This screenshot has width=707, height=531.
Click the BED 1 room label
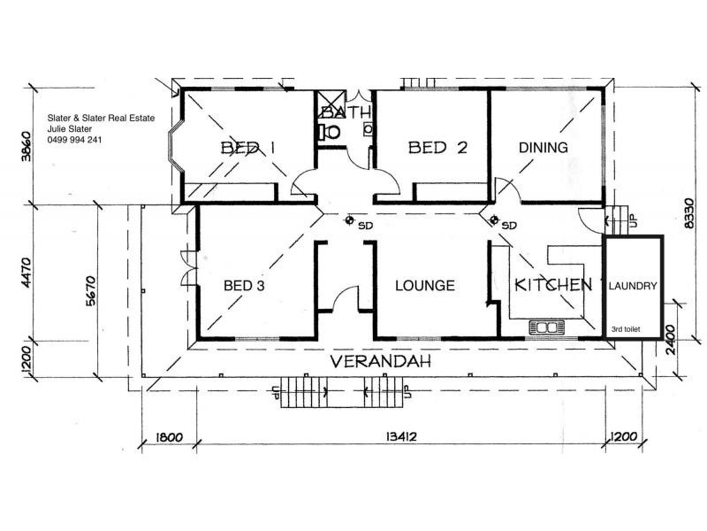pyautogui.click(x=248, y=148)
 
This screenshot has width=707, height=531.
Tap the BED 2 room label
pyautogui.click(x=437, y=148)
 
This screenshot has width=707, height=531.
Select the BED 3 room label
pyautogui.click(x=244, y=285)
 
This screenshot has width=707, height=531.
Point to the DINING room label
pyautogui.click(x=544, y=148)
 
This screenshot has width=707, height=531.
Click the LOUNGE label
pyautogui.click(x=425, y=285)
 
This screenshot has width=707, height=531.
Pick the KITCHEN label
pyautogui.click(x=553, y=285)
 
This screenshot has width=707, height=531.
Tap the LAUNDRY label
pyautogui.click(x=633, y=286)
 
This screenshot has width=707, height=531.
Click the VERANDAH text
pyautogui.click(x=381, y=361)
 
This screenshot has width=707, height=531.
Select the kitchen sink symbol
pyautogui.click(x=546, y=327)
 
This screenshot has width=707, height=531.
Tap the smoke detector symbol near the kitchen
pyautogui.click(x=494, y=219)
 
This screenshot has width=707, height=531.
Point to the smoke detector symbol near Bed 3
pyautogui.click(x=349, y=220)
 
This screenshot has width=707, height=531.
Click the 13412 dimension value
pyautogui.click(x=401, y=436)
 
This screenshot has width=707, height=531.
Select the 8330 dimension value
pyautogui.click(x=689, y=213)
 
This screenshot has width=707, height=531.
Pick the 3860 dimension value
pyautogui.click(x=27, y=146)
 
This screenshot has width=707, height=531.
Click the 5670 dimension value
pyautogui.click(x=91, y=291)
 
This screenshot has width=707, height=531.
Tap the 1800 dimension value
pyautogui.click(x=169, y=437)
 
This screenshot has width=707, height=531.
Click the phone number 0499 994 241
pyautogui.click(x=74, y=140)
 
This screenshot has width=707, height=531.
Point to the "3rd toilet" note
pyautogui.click(x=626, y=329)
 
